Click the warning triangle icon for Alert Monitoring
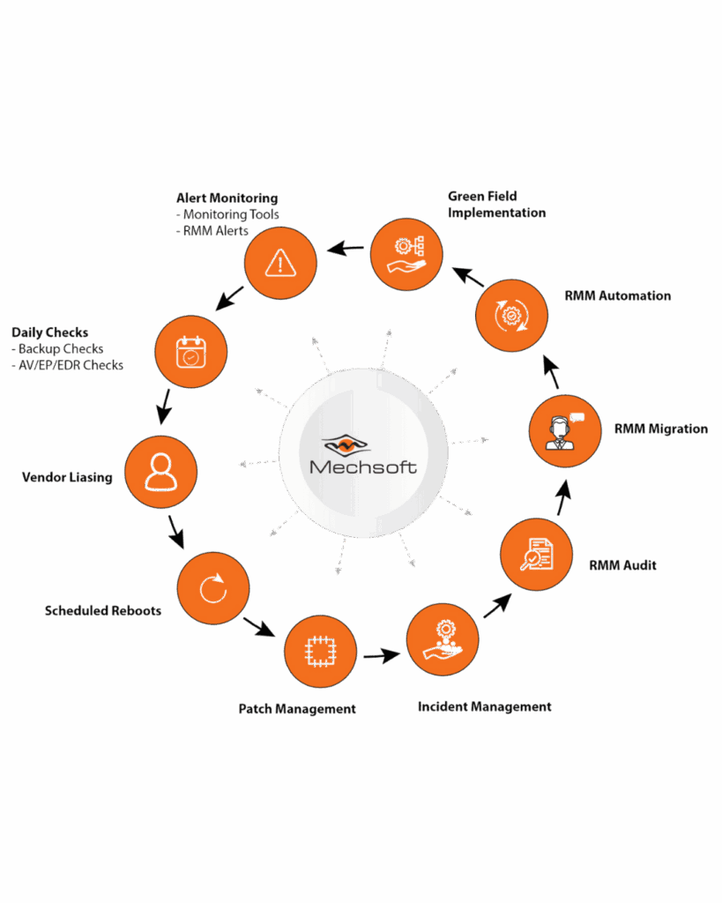point(280,263)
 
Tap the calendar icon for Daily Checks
point(190,352)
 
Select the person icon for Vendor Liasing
point(160,472)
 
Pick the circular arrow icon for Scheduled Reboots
point(213,588)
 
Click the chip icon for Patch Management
point(320,652)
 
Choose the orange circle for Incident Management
point(443,639)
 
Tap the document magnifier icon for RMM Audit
point(537,554)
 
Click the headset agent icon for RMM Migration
point(564,430)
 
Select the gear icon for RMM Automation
point(511,316)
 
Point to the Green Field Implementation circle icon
point(406,254)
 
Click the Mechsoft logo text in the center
point(363,467)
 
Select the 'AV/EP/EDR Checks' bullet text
point(67,365)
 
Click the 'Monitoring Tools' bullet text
point(227,214)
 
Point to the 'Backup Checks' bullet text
point(57,349)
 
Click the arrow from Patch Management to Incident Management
point(382,655)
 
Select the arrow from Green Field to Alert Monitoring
point(346,249)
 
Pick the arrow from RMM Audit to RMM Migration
point(563,497)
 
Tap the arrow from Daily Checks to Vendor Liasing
point(165,407)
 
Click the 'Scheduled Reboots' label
point(103,610)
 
